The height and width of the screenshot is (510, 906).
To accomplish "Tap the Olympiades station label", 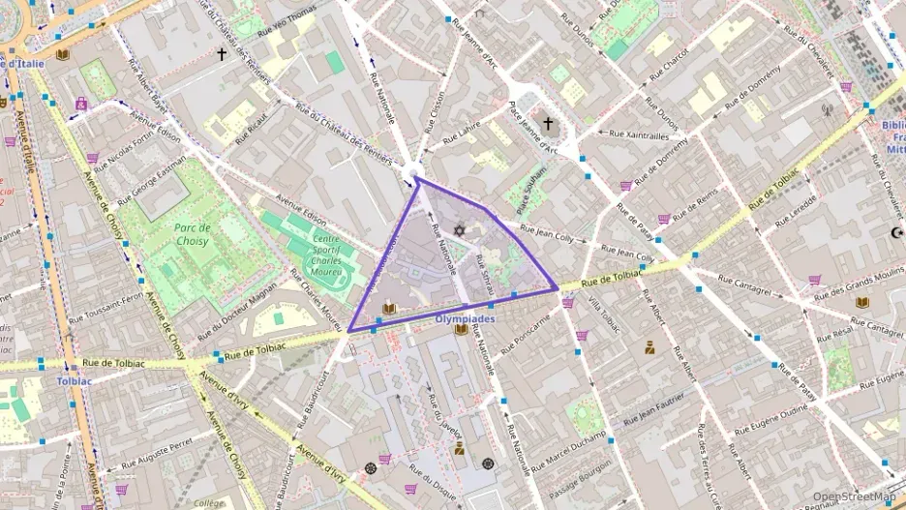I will point(466,318).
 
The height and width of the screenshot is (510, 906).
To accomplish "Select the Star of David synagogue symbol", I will point(459,230).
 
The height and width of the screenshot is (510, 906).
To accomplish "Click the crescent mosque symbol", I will point(894,232).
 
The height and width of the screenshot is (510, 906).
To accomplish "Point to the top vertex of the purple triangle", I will point(417,178).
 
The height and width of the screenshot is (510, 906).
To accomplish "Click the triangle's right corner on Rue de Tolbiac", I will point(556,287).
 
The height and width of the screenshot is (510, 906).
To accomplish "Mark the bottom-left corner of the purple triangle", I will point(348,331).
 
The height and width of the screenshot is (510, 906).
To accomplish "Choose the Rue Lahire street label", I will point(463,134).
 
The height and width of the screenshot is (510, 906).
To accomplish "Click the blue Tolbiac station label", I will point(74,381).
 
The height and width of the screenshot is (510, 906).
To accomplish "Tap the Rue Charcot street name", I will point(670,65).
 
